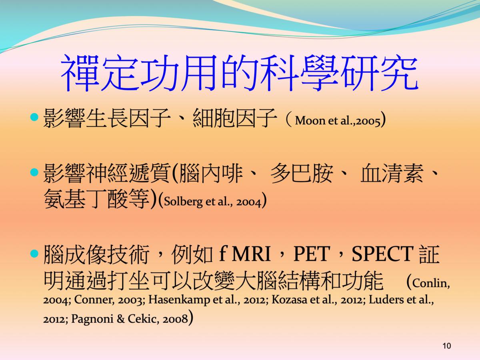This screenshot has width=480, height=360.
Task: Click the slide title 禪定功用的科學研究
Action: [240, 73]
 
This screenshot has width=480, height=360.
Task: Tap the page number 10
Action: [447, 346]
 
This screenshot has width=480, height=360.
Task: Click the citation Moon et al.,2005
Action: [338, 121]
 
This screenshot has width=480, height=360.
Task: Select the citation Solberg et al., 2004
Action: [212, 202]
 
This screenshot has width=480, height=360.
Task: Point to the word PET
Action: [311, 254]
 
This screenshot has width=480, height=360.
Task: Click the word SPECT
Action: [382, 254]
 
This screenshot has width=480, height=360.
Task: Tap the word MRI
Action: [251, 254]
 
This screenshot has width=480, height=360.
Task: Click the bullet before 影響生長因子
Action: [34, 117]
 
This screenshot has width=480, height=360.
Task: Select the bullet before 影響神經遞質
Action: [34, 172]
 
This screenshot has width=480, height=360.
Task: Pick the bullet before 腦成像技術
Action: [34, 254]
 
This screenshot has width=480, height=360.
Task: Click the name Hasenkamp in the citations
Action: [179, 300]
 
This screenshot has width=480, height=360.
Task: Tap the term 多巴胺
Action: [302, 173]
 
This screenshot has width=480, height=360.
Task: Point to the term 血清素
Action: [392, 173]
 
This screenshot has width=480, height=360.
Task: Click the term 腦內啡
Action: [211, 173]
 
